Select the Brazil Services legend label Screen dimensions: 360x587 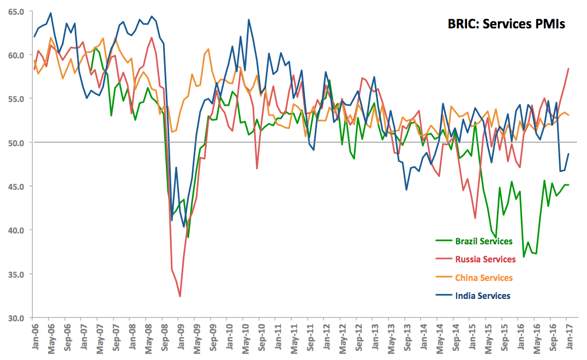click(484, 241)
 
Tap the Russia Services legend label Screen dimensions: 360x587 click(484, 259)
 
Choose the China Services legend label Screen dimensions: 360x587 click(484, 278)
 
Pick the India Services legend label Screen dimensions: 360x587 click(483, 296)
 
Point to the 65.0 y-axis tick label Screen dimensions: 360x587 click(16, 11)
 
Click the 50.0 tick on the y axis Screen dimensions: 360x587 click(16, 142)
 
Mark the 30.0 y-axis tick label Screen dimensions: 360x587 click(16, 317)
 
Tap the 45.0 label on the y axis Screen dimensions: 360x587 click(16, 186)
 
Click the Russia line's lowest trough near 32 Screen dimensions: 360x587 click(180, 296)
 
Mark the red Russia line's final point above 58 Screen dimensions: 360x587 click(568, 69)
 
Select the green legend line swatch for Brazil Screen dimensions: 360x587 click(444, 241)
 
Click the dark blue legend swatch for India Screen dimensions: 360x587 click(444, 296)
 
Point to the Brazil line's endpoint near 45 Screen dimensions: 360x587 click(568, 185)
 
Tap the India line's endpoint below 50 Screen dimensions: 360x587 click(568, 154)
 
